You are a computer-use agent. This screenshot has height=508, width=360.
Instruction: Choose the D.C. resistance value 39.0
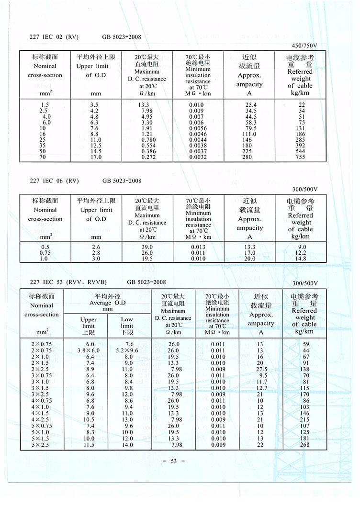pyautogui.click(x=146, y=247)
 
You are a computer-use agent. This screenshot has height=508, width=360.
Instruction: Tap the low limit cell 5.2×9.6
pyautogui.click(x=127, y=350)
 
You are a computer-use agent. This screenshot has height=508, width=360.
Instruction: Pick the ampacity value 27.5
pyautogui.click(x=261, y=369)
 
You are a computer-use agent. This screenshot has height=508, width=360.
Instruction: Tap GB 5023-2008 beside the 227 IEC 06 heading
pyautogui.click(x=122, y=181)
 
